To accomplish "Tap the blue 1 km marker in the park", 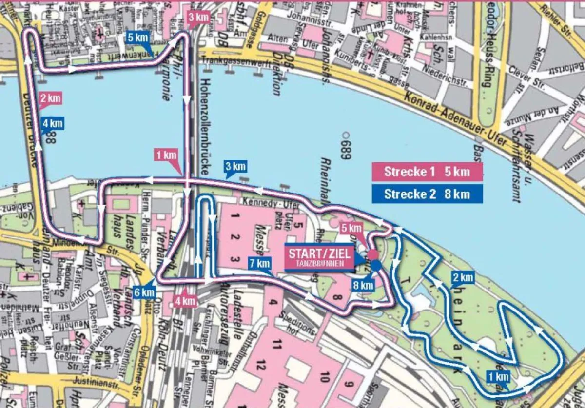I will pos(498,376).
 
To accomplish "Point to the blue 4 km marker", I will pos(52,123).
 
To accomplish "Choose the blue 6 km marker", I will pos(145,292).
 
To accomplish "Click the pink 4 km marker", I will pos(185,301).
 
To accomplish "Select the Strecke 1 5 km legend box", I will pos(427,172).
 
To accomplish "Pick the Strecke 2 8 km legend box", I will pos(427,194).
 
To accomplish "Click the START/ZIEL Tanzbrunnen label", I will pos(320,257).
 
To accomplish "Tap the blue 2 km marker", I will pos(462,278).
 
